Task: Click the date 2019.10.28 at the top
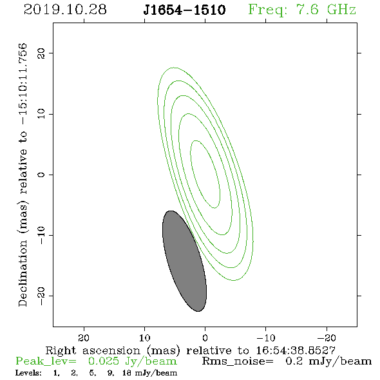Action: coord(65,10)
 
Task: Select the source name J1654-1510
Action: coord(184,10)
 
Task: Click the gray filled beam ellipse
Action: coord(184,261)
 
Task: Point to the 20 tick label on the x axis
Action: coord(84,337)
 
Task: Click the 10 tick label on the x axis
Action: coord(145,337)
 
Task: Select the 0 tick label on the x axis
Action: coord(205,338)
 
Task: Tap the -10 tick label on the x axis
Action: coord(266,337)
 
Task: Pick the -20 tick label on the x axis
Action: coord(327,337)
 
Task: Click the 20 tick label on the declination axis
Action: coord(41,53)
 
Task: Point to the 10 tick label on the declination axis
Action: coord(41,114)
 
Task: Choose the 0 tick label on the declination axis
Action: coord(41,175)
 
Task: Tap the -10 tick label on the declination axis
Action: coord(41,235)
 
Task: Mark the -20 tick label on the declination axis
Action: coord(41,296)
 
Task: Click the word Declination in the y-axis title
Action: coord(23,273)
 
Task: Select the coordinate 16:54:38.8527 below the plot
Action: coord(296,350)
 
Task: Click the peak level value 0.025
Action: coord(104,361)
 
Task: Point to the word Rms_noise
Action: coord(238,361)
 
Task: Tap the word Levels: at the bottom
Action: coord(28,373)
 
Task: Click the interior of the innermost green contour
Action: coord(205,174)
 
